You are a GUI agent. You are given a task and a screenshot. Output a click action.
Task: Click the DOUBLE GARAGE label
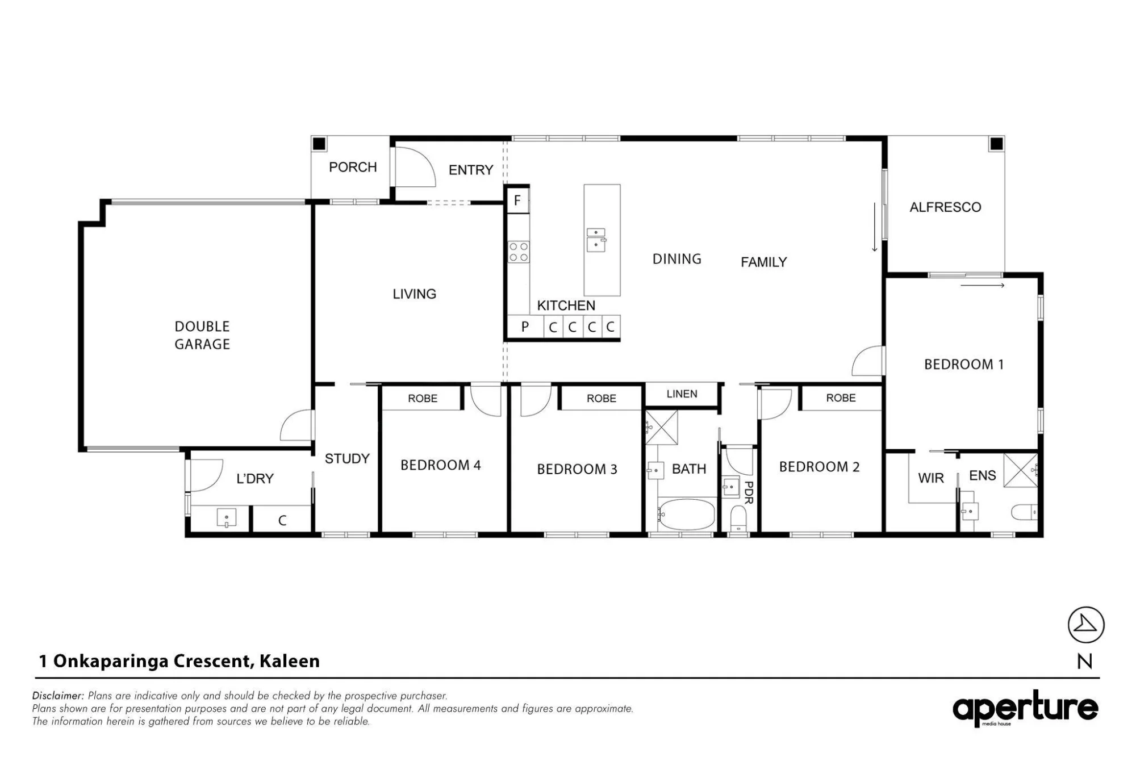pos(202,335)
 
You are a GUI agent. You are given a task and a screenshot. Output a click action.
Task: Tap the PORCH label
pos(353,167)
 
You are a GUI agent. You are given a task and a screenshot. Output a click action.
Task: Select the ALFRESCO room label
pos(945,207)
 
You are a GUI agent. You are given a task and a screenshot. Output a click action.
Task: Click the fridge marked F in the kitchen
pos(517,200)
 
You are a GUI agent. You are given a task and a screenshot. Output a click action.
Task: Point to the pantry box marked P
pos(525,327)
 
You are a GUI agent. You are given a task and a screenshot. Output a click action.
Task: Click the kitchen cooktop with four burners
pos(519,252)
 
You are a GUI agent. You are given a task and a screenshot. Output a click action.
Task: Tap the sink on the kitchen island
pos(596,240)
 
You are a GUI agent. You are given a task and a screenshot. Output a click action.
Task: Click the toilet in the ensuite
pos(1024,512)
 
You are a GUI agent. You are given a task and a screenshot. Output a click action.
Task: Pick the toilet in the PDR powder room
pos(738,518)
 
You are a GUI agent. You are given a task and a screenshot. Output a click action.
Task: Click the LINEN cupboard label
pos(682,394)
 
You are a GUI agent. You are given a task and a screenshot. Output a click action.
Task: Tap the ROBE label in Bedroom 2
pos(841,398)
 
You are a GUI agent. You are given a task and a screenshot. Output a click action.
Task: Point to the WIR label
pos(930,478)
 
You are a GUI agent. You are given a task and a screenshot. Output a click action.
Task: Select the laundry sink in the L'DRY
pos(227,518)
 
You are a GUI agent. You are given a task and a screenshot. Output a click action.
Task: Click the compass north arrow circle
pos(1086,625)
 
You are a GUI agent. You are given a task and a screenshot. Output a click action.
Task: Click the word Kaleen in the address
pos(290,661)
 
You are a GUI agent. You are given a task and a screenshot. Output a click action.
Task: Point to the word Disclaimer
pos(58,696)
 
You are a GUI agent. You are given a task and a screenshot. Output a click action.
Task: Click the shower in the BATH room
pos(662,427)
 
